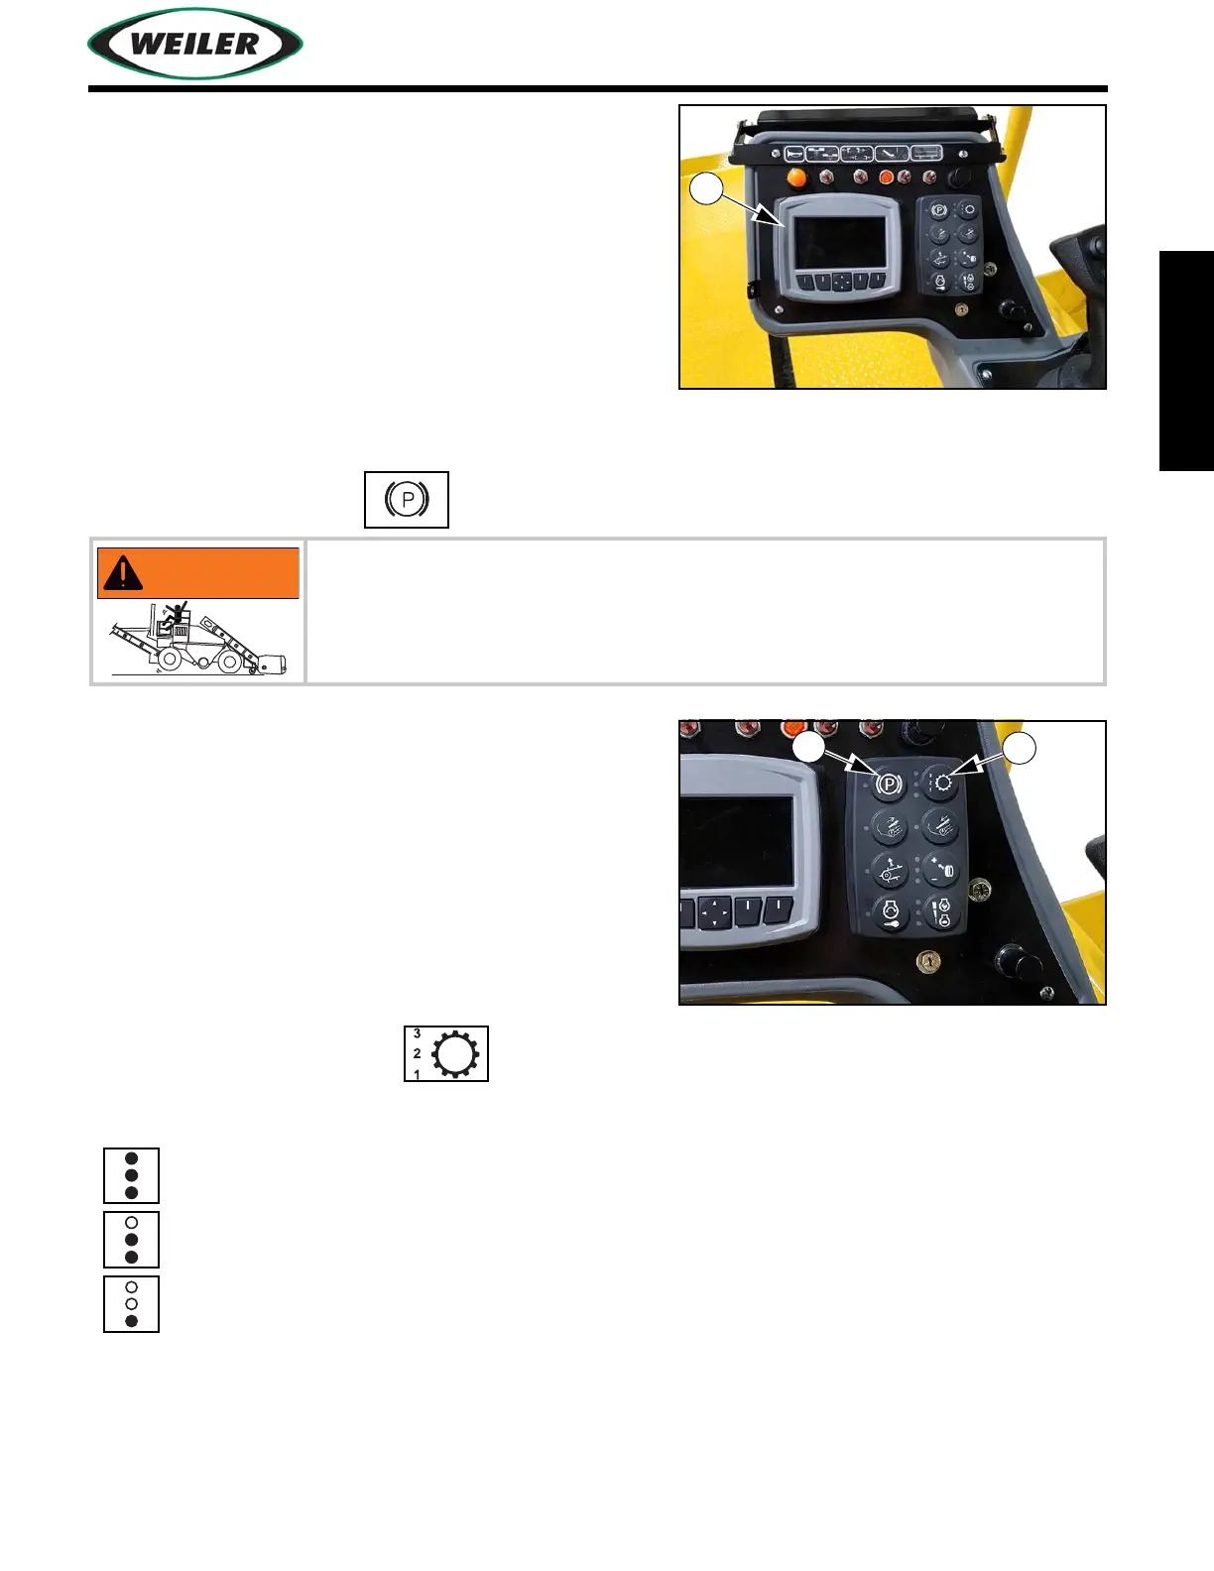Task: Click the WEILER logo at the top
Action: coord(195,44)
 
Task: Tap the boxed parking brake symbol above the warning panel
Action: coord(407,499)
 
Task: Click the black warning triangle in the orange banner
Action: coord(123,572)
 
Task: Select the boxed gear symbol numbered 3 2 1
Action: coord(446,1053)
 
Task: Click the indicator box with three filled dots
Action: coord(131,1175)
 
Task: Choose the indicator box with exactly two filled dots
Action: coord(131,1240)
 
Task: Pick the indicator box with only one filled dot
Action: coord(131,1304)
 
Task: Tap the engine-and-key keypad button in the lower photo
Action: coord(890,911)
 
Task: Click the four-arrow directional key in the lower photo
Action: coord(714,911)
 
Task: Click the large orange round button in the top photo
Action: coord(795,179)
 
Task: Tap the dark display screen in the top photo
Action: coord(842,241)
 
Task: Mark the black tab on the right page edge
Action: coord(1186,361)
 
